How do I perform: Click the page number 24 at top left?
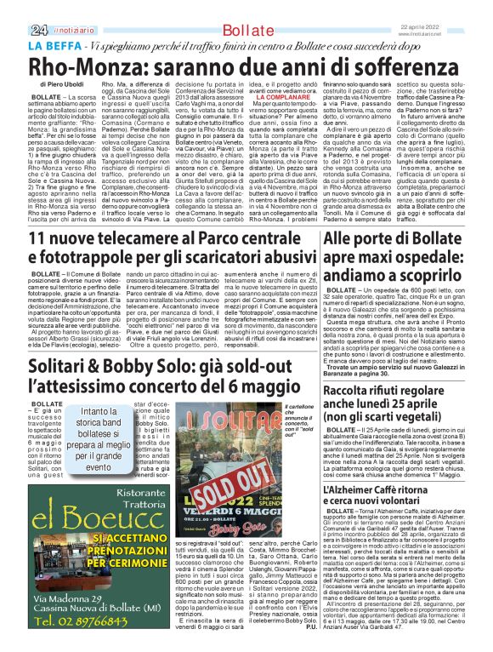pos(16,8)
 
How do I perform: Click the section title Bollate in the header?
pos(244,9)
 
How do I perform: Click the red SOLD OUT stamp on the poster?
pos(206,495)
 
